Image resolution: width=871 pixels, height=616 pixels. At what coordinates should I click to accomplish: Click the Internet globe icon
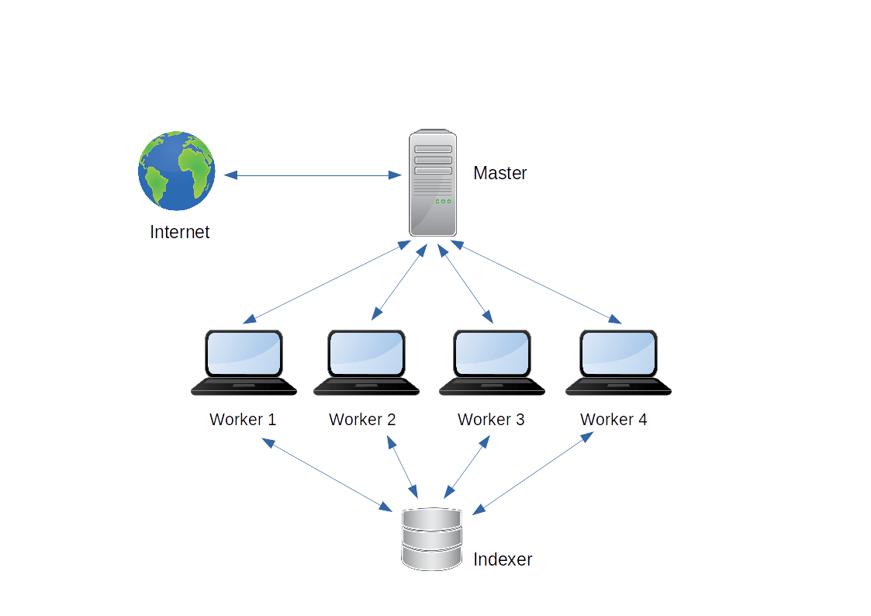coord(177,171)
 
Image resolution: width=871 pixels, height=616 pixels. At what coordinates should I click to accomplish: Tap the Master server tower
coord(433,183)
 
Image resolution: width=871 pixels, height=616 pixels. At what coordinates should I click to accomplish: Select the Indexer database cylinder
coord(431,538)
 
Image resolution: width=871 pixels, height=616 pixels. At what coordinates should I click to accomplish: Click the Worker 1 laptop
coord(244,362)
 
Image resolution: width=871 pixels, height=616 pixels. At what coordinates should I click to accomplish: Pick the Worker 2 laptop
coord(367,362)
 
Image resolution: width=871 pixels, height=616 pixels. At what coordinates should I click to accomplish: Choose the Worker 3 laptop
coord(493,362)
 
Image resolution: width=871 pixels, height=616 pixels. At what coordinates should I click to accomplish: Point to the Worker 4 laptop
coord(618,362)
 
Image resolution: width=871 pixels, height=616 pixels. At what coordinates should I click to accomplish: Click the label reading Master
coord(500,173)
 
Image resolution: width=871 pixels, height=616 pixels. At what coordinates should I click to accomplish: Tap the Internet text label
coord(179,232)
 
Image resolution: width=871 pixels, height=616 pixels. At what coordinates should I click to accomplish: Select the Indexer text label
coord(503,559)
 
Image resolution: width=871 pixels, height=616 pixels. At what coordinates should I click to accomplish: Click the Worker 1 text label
coord(243,420)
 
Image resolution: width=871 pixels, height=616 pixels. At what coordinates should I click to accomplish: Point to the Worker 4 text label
coord(614,420)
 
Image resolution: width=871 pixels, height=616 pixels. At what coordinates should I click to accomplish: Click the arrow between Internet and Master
coord(313,175)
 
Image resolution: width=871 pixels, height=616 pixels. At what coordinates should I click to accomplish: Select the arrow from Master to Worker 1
coord(327,282)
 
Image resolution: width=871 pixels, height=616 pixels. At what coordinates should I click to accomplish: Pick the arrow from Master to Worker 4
coord(536,282)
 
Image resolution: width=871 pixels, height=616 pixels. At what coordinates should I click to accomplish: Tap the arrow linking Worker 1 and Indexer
coord(327,475)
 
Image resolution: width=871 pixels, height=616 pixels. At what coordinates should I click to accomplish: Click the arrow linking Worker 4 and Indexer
coord(534,473)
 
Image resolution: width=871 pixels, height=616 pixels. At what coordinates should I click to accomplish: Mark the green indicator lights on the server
coord(444,201)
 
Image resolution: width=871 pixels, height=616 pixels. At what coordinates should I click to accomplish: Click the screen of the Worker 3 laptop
coord(493,353)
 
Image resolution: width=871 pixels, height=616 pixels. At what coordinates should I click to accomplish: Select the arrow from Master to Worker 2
coord(399,282)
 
